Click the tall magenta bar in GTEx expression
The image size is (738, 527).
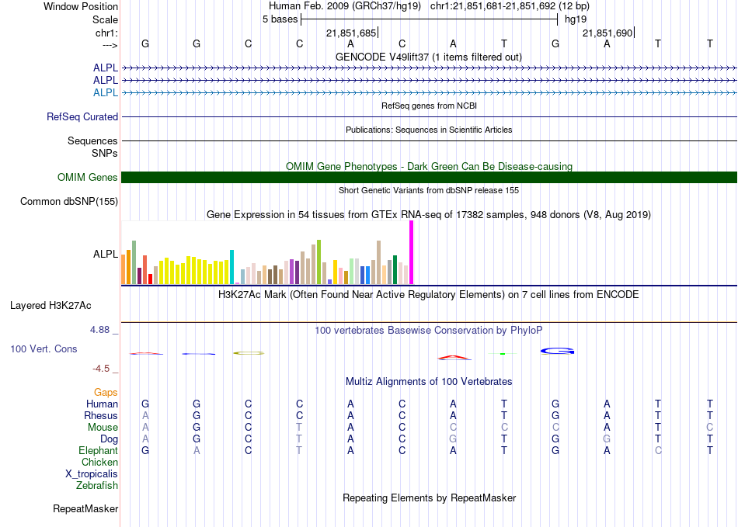[x=412, y=252]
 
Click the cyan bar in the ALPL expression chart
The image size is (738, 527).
[x=231, y=267]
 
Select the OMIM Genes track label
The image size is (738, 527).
[x=88, y=177]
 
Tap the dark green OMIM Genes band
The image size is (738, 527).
[x=429, y=177]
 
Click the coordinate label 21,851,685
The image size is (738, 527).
[x=351, y=33]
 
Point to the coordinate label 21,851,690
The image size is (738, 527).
[x=607, y=33]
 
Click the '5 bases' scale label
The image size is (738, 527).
[x=280, y=19]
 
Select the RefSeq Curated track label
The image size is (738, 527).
[x=82, y=116]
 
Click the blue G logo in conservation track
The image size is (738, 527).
[x=557, y=351]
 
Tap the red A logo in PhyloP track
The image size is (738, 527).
[x=454, y=358]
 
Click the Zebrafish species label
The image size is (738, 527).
[x=97, y=485]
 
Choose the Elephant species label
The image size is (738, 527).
[x=99, y=450]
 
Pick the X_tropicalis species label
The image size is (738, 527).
[x=92, y=474]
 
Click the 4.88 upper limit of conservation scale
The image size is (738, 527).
[x=99, y=330]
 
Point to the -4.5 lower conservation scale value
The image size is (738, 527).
[x=101, y=368]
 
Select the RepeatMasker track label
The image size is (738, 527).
[x=85, y=508]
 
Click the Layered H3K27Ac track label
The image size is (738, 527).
[x=50, y=306]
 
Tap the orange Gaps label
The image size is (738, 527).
[x=106, y=392]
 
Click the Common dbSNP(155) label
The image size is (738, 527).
[x=69, y=201]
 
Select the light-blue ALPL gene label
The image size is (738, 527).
[x=106, y=92]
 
